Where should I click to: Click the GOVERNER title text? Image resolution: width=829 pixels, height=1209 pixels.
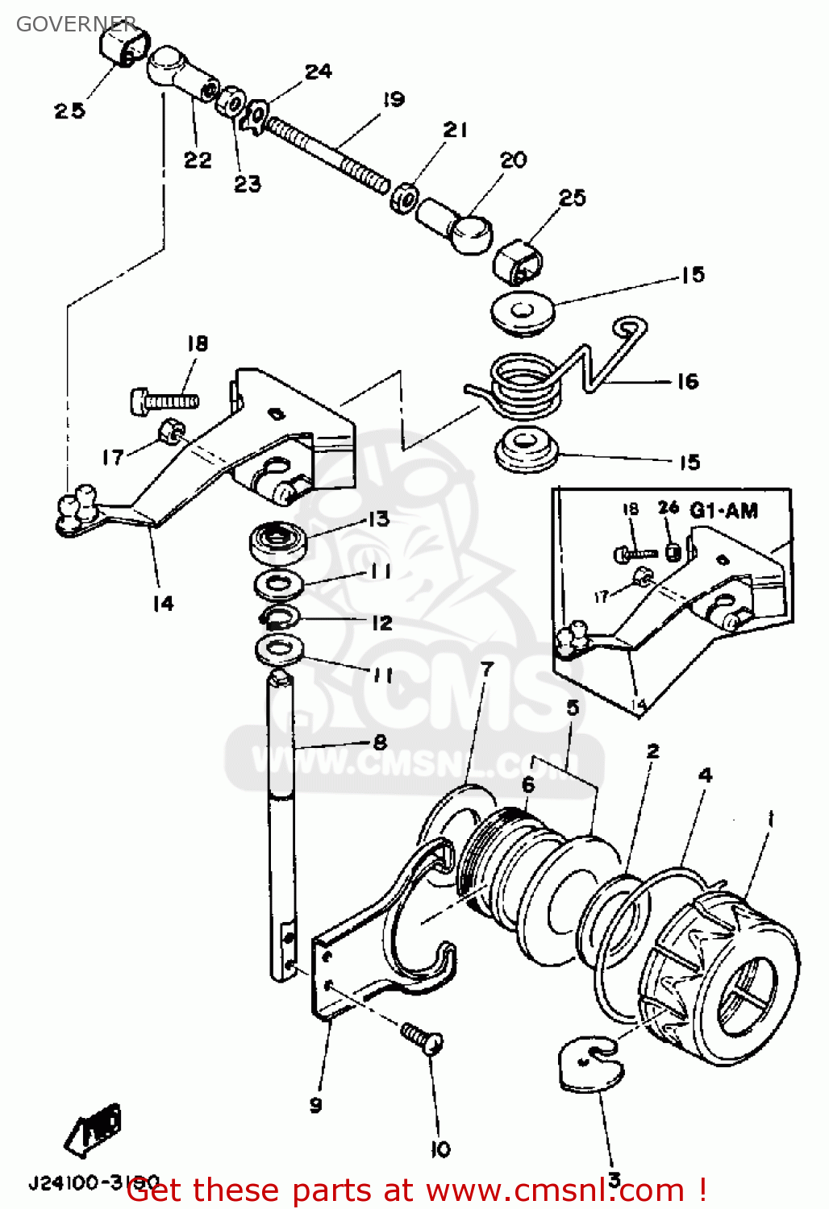pyautogui.click(x=76, y=24)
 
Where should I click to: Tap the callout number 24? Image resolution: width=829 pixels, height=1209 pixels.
pyautogui.click(x=318, y=72)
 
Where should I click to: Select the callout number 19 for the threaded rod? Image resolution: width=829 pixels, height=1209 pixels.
pyautogui.click(x=393, y=100)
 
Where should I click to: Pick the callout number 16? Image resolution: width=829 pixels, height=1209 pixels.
pyautogui.click(x=687, y=381)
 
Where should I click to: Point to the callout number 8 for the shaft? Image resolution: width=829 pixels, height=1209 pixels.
pyautogui.click(x=380, y=742)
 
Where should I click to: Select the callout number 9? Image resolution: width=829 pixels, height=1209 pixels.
pyautogui.click(x=315, y=1104)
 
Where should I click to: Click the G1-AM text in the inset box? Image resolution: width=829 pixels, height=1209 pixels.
pyautogui.click(x=724, y=510)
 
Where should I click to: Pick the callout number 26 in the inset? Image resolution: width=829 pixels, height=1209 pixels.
pyautogui.click(x=668, y=508)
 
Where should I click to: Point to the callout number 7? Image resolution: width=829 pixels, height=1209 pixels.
pyautogui.click(x=487, y=669)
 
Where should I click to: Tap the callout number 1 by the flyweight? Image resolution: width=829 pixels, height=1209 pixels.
pyautogui.click(x=770, y=820)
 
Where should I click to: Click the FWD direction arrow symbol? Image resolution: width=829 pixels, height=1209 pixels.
pyautogui.click(x=94, y=1128)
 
